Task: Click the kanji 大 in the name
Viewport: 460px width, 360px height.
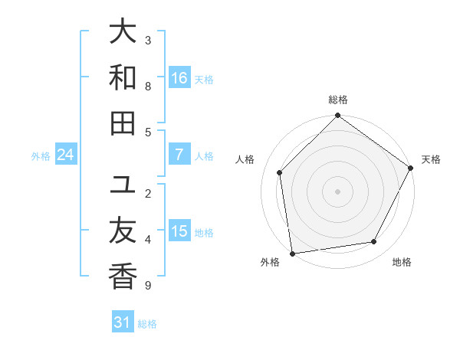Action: pos(123,32)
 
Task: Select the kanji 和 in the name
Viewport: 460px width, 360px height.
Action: pos(123,77)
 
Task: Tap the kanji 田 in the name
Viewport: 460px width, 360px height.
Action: pos(123,123)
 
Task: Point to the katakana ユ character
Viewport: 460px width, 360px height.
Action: pos(123,185)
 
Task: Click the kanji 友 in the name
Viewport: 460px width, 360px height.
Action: pos(123,231)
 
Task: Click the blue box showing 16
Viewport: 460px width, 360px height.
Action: pos(179,78)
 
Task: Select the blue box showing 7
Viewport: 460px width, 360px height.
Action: pos(179,155)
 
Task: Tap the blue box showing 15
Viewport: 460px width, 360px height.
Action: pos(179,231)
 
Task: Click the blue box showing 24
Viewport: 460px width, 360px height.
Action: pos(66,155)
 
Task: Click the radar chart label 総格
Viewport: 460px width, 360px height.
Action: pos(337,100)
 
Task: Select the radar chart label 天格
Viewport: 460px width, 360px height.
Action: pos(431,159)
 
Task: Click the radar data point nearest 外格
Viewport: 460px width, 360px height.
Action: pos(292,253)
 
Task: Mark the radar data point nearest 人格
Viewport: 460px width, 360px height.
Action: pos(280,172)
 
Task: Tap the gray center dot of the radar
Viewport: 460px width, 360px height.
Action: pos(337,191)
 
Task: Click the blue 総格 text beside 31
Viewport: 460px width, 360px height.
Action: pos(147,324)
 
